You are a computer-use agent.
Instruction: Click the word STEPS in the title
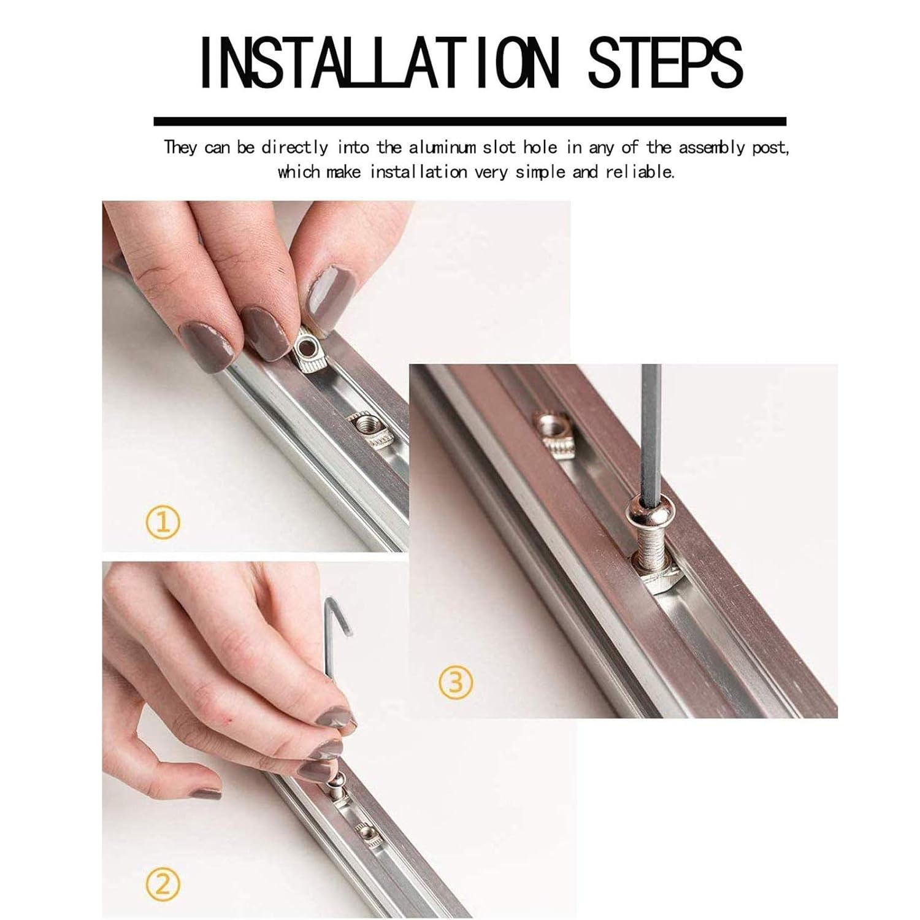coord(665,63)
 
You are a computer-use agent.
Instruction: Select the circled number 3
coord(456,682)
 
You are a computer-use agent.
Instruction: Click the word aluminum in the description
coord(442,147)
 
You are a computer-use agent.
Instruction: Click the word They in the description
coord(180,148)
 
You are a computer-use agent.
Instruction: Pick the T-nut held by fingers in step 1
coord(308,351)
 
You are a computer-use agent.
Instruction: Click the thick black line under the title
coord(469,121)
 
